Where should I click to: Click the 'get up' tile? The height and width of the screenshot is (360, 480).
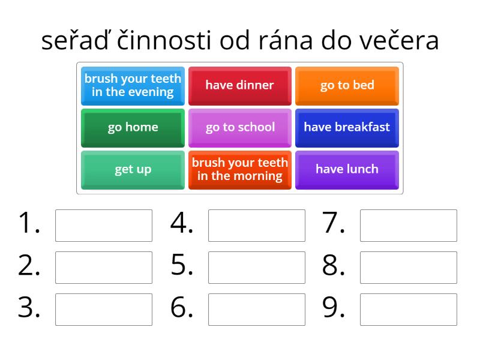(x=133, y=169)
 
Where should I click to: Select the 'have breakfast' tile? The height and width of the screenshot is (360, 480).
(x=347, y=127)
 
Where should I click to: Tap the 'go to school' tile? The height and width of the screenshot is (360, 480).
(x=240, y=127)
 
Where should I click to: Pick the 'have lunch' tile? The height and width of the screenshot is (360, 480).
(x=347, y=169)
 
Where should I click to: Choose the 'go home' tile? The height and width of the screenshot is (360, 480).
(x=133, y=127)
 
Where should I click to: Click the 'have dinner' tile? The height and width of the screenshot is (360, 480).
(x=240, y=85)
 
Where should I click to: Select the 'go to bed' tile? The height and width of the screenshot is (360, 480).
(x=347, y=85)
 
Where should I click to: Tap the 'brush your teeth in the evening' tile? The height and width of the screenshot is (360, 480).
(x=133, y=85)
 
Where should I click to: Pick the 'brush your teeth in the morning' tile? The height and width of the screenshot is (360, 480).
(x=240, y=169)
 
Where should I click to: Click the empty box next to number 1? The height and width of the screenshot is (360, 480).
(x=104, y=225)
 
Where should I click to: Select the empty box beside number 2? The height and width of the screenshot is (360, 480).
(x=104, y=267)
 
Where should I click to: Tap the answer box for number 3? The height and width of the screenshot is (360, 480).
(x=104, y=309)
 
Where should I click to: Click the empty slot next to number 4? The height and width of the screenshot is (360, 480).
(x=256, y=225)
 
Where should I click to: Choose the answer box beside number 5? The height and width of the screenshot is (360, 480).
(x=256, y=267)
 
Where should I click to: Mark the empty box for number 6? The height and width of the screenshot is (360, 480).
(x=256, y=309)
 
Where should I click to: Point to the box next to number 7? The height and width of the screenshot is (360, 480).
(x=409, y=225)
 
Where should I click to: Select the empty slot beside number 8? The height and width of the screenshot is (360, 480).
(x=409, y=267)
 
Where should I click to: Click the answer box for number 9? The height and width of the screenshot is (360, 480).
(x=409, y=309)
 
